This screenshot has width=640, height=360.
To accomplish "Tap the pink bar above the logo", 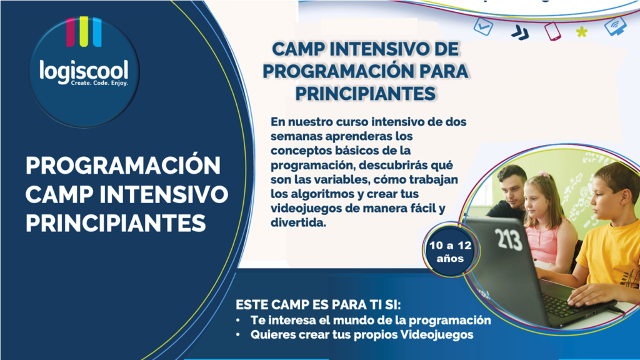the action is coord(71,31).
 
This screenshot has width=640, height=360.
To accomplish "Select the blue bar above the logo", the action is coord(97,31).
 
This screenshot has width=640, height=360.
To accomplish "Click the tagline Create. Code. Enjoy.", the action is coord(99,83).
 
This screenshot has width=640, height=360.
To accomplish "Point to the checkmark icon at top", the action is coord(483,26).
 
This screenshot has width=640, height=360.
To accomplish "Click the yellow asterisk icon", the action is coord(582,32).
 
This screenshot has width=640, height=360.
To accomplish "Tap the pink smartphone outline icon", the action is coord(552,31).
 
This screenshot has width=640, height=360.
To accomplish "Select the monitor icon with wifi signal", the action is coord(616,25).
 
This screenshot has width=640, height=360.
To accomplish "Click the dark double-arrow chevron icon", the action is coord(520,32).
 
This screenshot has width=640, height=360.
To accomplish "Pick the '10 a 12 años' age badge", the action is coord(450,251).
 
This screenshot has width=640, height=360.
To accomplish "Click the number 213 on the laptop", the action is coord(509,239).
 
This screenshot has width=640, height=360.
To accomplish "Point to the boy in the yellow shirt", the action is coord(604,237).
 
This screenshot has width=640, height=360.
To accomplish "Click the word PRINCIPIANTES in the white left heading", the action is coord(116,223).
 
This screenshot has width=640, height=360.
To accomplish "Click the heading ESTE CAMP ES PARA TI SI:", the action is coord(318,305).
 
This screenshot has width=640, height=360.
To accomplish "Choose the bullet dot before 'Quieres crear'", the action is coord(238,335).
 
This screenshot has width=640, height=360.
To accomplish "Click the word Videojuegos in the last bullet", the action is coord(437,335).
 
